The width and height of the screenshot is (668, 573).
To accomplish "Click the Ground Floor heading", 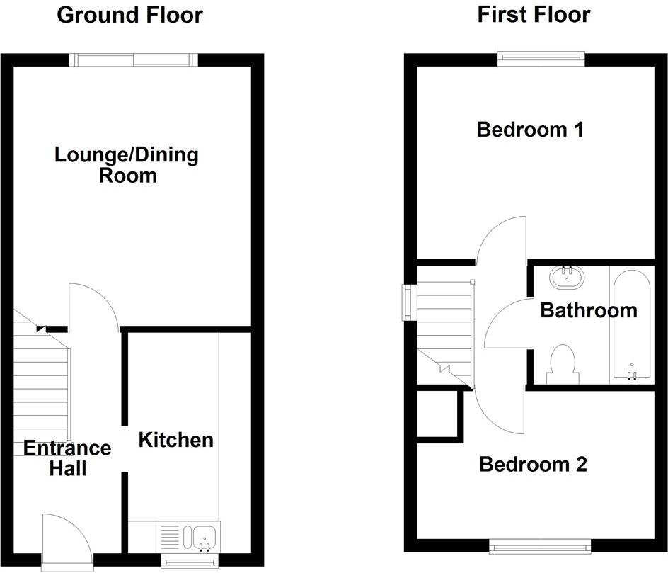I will click(129, 15).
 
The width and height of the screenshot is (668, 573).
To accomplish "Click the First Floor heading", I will click(534, 15).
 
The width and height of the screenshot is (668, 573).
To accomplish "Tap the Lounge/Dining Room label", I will click(127, 165).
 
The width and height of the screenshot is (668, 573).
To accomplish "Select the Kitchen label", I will click(175, 440).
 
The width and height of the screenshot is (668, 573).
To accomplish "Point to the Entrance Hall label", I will click(67, 458).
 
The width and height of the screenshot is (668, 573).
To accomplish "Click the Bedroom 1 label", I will click(530, 130).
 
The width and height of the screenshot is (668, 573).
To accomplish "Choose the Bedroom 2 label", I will click(533, 465).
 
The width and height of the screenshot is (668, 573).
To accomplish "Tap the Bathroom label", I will click(588, 310).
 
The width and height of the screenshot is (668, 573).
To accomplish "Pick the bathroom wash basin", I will click(567, 276).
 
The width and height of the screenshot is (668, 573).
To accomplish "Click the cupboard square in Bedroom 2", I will click(437, 414).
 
